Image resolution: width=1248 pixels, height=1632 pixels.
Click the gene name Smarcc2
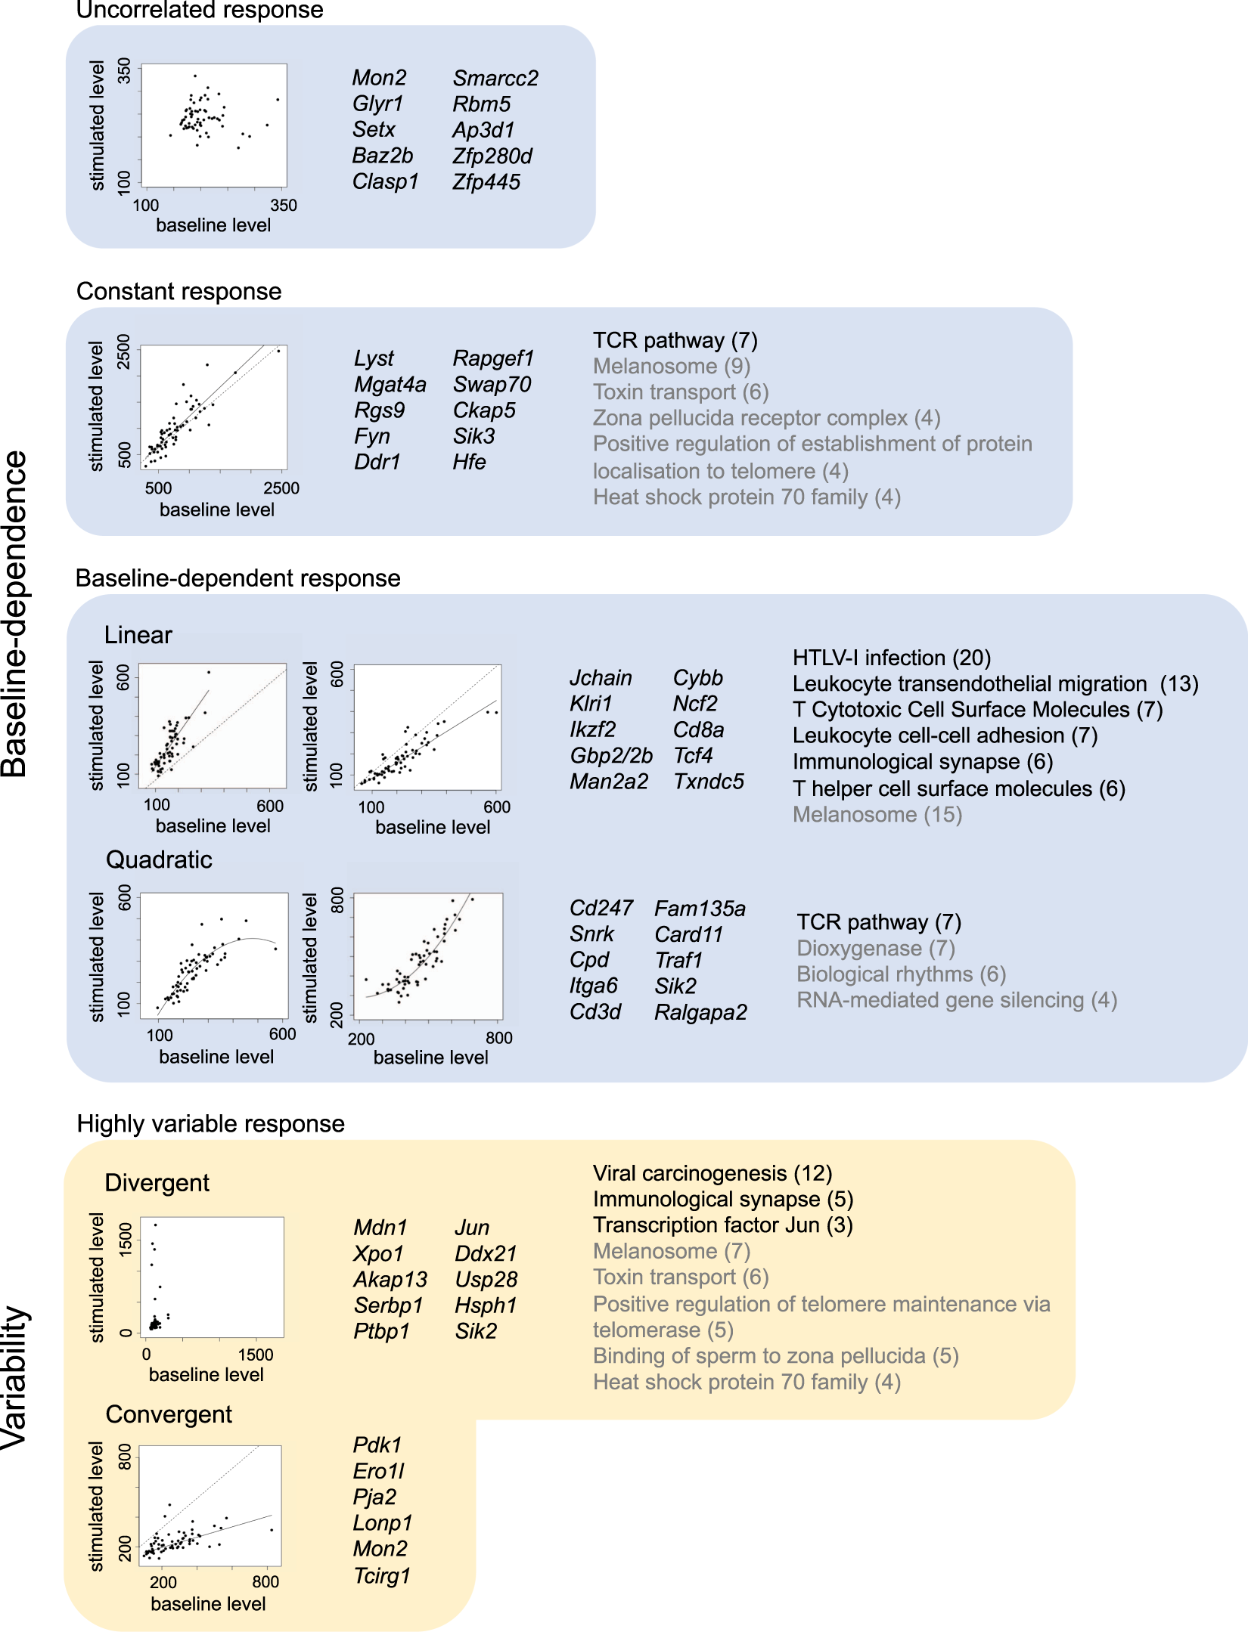pos(495,78)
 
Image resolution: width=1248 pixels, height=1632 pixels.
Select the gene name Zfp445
pos(486,182)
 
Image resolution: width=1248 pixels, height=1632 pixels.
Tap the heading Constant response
pos(179,291)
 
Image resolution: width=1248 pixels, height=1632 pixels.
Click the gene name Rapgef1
pos(493,358)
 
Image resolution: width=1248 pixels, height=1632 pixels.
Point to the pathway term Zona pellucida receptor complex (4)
pos(765,417)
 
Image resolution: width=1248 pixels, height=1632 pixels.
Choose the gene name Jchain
pos(601,677)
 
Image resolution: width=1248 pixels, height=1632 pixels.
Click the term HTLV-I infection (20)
pos(891,658)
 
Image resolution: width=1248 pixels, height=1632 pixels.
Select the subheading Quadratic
pos(159,859)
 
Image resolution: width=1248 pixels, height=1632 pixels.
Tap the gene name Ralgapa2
pos(700,1011)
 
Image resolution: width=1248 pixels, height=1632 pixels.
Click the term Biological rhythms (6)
pos(901,974)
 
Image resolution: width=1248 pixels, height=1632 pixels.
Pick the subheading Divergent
pos(157,1182)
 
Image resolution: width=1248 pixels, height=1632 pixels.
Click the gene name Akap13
pos(390,1279)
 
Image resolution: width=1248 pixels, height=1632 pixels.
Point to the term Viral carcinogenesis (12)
pos(712,1173)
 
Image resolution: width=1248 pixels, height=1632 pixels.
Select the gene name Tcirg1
pos(381,1575)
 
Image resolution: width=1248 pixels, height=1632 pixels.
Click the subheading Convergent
pos(169,1414)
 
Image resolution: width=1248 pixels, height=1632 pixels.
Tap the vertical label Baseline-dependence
pos(15,614)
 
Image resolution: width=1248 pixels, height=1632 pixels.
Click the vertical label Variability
pos(15,1377)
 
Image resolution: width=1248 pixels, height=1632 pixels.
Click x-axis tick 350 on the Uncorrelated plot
pos(284,206)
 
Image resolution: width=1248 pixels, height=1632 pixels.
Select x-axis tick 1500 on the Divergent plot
pos(256,1355)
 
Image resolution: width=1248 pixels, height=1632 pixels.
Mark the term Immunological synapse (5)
pos(722,1199)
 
